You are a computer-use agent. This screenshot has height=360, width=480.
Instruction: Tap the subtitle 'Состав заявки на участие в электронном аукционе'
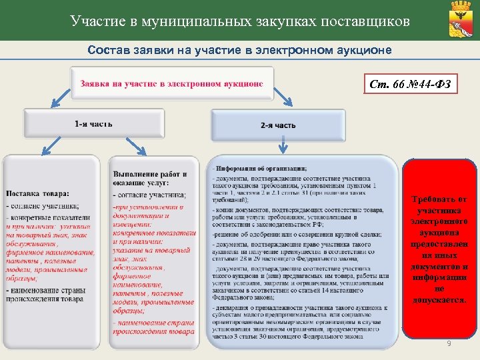pos(240,51)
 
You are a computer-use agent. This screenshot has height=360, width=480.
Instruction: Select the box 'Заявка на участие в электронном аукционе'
pos(172,85)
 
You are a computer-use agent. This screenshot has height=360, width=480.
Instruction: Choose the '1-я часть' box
pos(94,124)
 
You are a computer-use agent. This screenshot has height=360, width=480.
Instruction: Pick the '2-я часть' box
pos(279,125)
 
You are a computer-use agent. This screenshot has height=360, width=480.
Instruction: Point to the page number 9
pos(449,343)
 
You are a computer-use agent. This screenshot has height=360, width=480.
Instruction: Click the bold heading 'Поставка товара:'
pos(37,194)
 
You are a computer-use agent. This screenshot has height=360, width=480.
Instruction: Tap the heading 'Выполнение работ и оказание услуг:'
pos(150,178)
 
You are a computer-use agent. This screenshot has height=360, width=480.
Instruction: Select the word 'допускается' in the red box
pos(439,301)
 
